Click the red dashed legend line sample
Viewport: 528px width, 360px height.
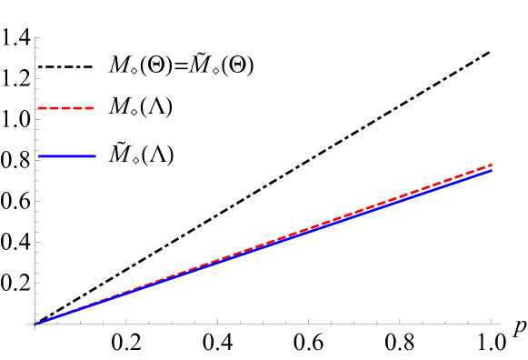coord(65,108)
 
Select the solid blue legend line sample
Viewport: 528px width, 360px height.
coord(66,156)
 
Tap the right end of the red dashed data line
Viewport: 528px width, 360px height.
coord(492,165)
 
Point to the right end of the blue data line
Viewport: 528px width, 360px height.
coord(492,170)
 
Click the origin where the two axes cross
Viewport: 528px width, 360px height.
coord(35,324)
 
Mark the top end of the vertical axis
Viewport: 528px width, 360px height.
coord(35,37)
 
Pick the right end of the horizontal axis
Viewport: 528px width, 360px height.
coord(500,324)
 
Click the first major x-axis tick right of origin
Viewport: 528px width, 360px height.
coord(126,321)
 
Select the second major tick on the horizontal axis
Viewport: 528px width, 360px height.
coord(217,321)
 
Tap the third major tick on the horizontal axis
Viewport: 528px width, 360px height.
coord(309,321)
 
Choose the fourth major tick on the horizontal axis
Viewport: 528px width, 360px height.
coord(400,321)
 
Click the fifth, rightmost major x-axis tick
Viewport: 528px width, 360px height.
coord(492,321)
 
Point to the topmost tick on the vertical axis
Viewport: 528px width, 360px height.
coord(37,38)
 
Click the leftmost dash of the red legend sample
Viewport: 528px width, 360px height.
coord(42,108)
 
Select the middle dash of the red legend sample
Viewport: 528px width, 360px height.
coord(65,108)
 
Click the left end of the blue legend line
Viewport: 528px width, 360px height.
coord(39,156)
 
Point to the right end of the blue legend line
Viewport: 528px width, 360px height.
coord(95,156)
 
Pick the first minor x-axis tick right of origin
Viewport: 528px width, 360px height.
coord(58,322)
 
